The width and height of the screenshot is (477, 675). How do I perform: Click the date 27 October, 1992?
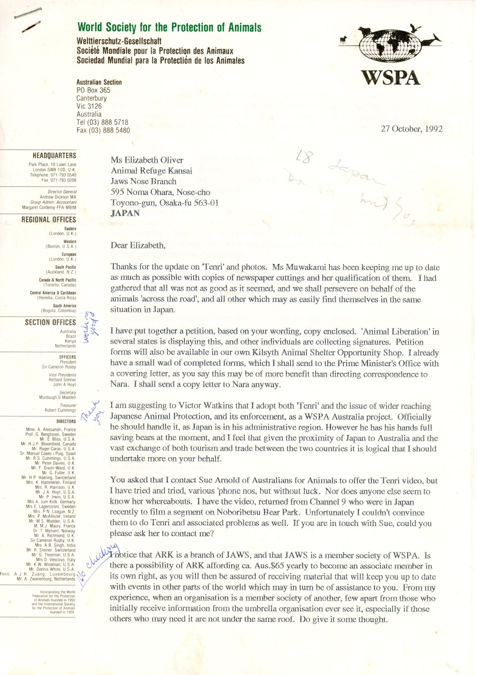411,129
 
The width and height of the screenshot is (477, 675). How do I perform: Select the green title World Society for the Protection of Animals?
169,27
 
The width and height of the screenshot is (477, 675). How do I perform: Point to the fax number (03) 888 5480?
103,130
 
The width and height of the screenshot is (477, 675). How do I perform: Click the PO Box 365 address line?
94,90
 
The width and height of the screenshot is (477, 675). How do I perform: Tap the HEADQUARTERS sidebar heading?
54,156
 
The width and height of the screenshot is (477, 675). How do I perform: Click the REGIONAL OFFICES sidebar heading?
48,220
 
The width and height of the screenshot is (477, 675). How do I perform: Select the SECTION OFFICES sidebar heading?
50,322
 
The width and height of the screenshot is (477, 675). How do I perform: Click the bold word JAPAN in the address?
125,213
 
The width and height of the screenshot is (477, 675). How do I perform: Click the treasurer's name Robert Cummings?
60,410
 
